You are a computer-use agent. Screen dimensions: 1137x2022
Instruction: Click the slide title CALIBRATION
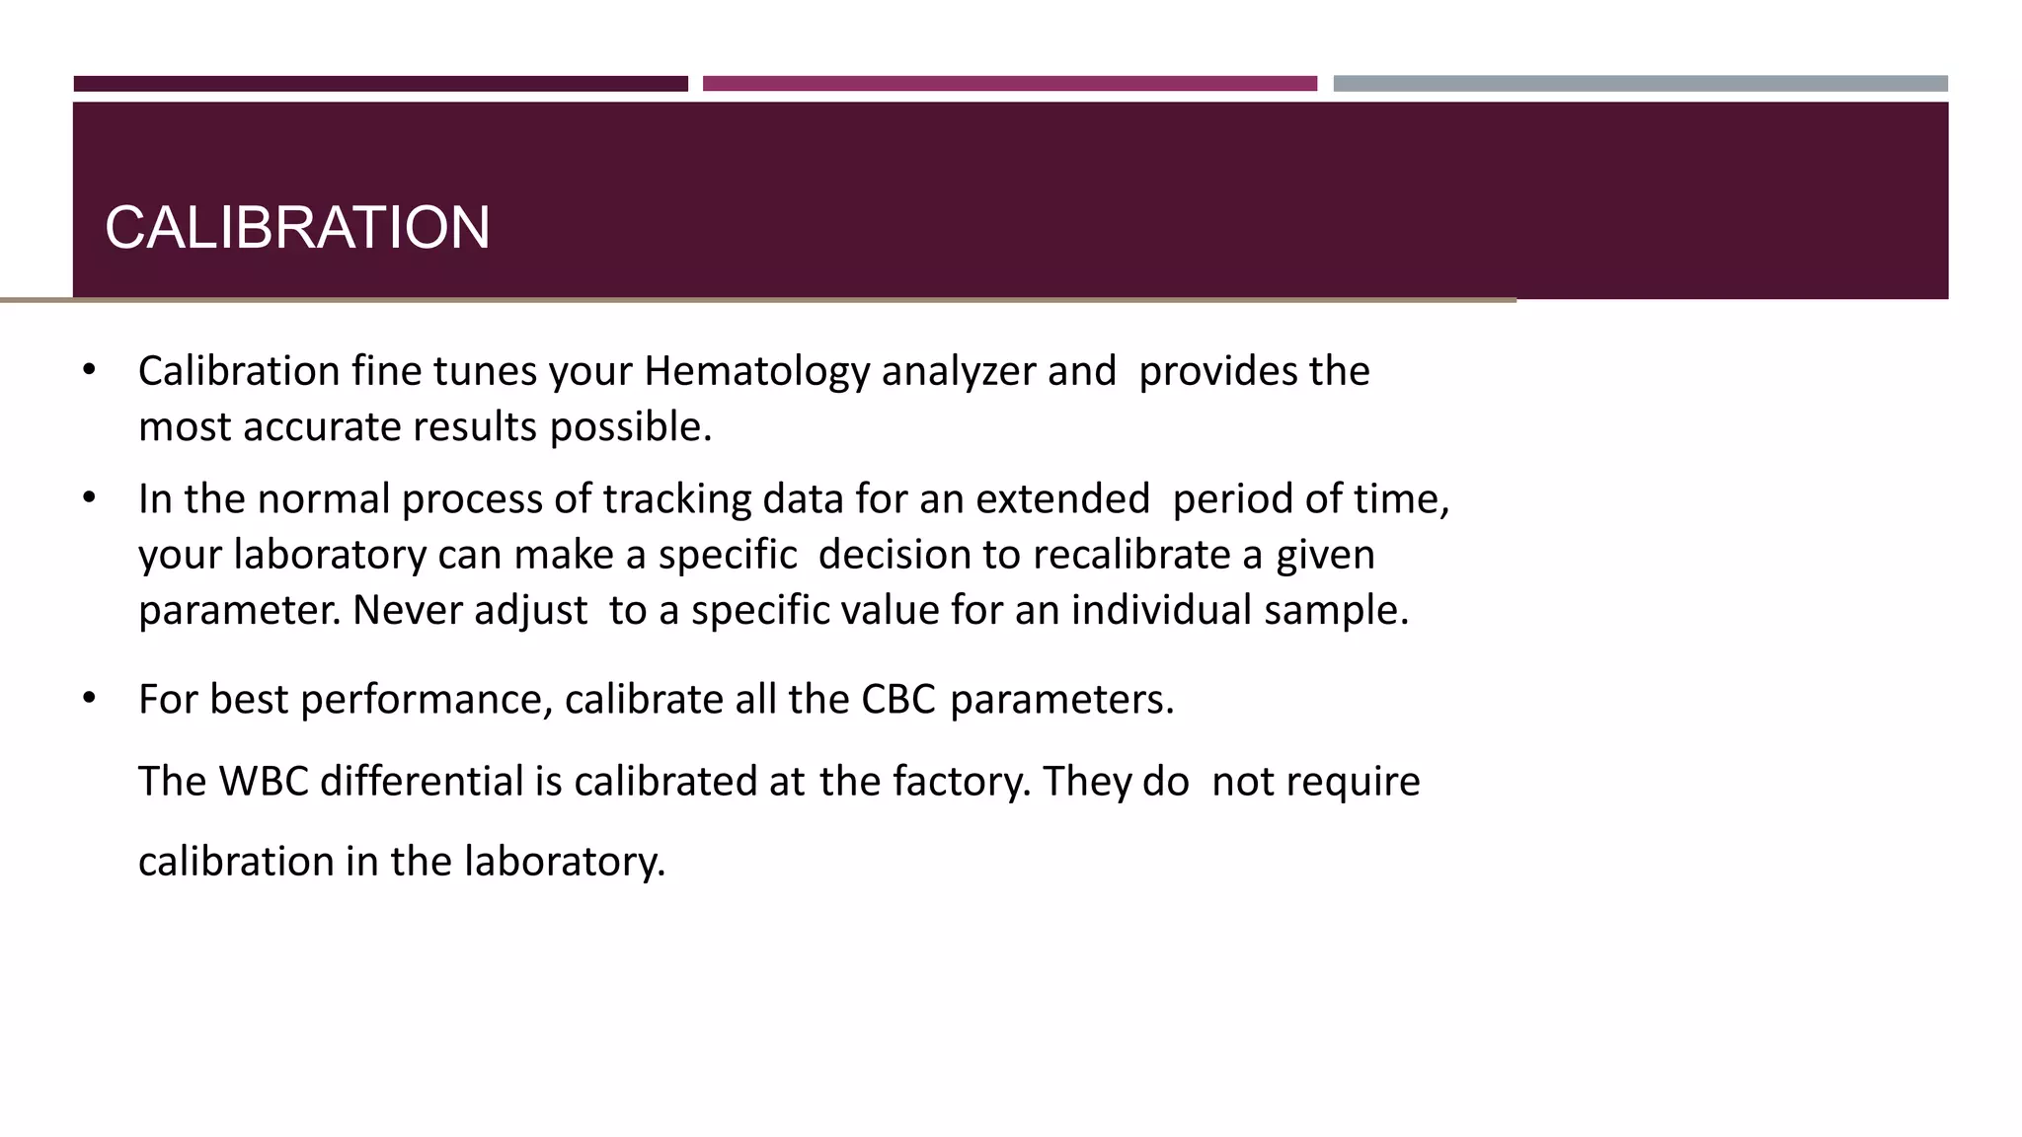pos(297,228)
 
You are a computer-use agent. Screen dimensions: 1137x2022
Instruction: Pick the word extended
pos(1062,499)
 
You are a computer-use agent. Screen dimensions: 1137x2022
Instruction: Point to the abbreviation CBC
pos(897,700)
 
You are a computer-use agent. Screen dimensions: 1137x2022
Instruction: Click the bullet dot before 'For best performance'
pos(90,698)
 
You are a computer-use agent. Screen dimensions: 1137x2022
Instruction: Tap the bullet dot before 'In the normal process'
pos(90,497)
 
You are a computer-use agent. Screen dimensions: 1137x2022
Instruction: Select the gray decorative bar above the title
pos(1640,84)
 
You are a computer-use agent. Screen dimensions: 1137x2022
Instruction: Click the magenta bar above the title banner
pos(1009,84)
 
